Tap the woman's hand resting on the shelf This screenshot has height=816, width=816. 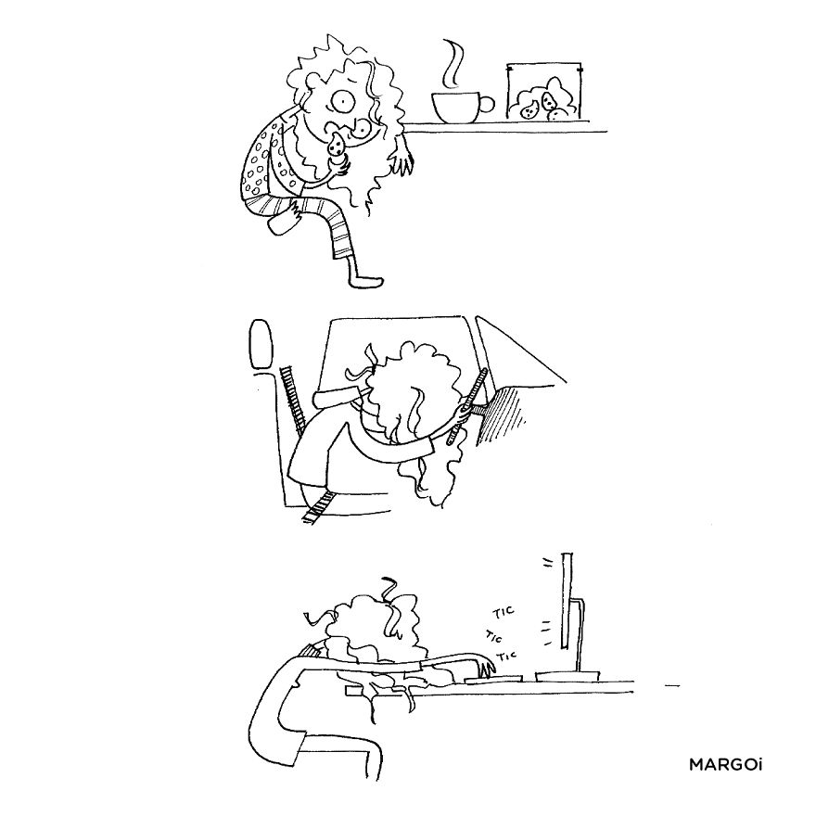point(402,163)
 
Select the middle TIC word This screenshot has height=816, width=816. point(496,636)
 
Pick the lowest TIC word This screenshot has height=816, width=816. point(505,657)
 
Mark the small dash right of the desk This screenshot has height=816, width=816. point(673,686)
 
